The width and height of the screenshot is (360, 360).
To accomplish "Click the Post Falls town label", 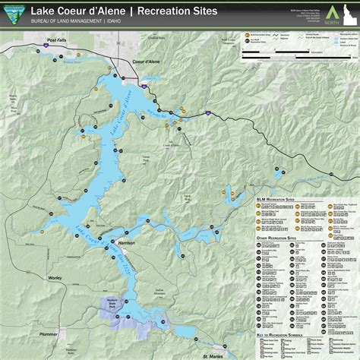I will tap(57, 39).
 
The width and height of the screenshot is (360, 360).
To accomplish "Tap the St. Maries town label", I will tap(214, 355).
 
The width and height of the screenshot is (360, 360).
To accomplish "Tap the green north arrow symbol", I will tap(329, 10).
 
